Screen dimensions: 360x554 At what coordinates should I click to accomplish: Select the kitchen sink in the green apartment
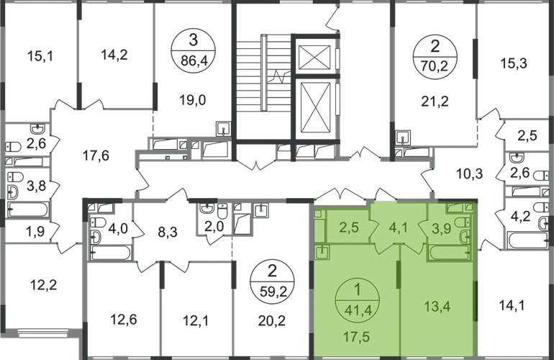click(323, 253)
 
